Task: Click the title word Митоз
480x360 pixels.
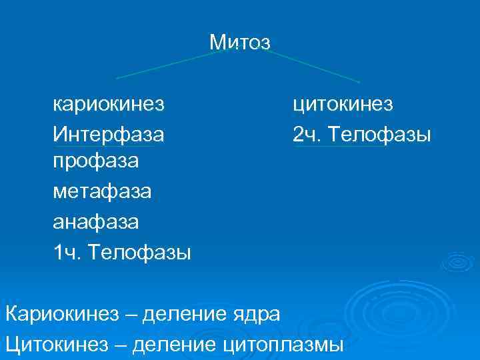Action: [x=239, y=43]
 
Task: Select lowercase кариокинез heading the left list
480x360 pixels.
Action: [x=109, y=105]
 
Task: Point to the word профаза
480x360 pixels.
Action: [x=96, y=162]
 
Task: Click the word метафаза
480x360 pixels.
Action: [x=102, y=192]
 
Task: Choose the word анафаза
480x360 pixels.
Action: [x=96, y=221]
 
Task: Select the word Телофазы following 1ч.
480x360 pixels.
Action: [x=141, y=252]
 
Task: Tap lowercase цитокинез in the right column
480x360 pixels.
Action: [x=343, y=105]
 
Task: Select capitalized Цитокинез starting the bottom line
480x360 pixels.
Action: [x=59, y=344]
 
